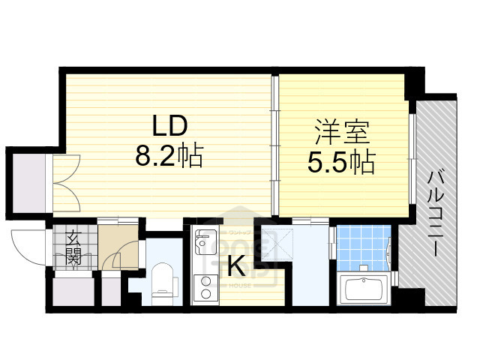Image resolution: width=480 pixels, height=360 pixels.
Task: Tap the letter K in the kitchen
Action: click(235, 264)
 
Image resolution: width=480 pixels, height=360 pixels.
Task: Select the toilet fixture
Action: click(160, 283)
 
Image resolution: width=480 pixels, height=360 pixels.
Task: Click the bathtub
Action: click(363, 289)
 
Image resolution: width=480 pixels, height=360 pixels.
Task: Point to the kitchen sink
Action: click(203, 242)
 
